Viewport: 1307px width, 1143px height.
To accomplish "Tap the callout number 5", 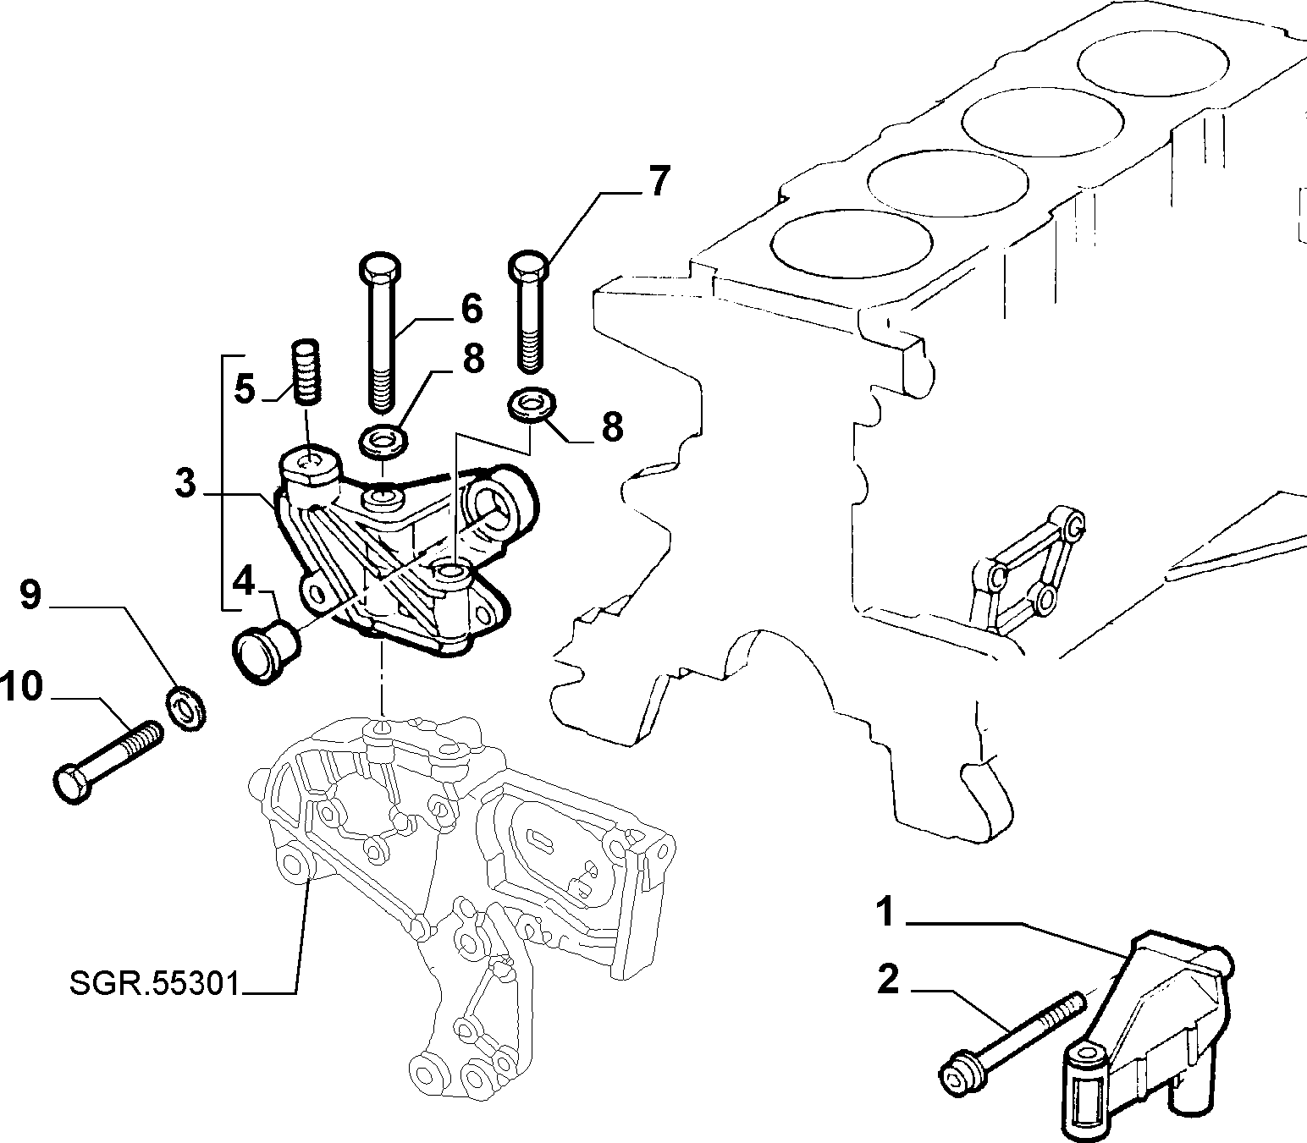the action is click(x=245, y=389).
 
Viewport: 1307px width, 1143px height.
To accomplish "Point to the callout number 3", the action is click(x=185, y=483).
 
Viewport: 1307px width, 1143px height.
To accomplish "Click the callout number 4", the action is click(x=244, y=582).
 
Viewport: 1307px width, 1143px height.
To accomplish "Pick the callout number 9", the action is click(x=30, y=595).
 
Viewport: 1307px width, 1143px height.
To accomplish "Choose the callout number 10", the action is click(x=22, y=686).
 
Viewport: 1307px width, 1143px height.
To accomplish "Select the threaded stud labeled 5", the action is click(x=306, y=371).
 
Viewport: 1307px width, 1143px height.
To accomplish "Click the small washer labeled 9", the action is click(x=185, y=706).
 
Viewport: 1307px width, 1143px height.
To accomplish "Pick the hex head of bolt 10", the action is click(x=72, y=783).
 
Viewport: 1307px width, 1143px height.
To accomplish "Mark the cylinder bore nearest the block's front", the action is click(x=851, y=246).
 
